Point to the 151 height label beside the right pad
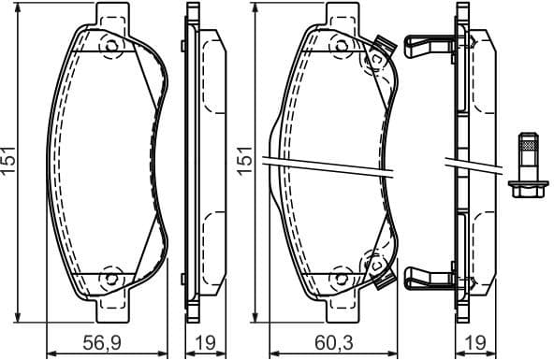point(245,161)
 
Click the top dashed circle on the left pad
point(110,47)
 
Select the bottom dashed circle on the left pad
point(110,277)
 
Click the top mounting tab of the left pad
point(110,18)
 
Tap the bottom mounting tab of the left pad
point(110,303)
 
